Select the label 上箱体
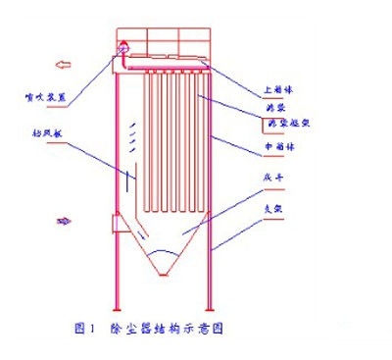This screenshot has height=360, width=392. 280,85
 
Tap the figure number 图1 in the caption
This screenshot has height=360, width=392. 84,319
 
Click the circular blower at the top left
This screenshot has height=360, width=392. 123,49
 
